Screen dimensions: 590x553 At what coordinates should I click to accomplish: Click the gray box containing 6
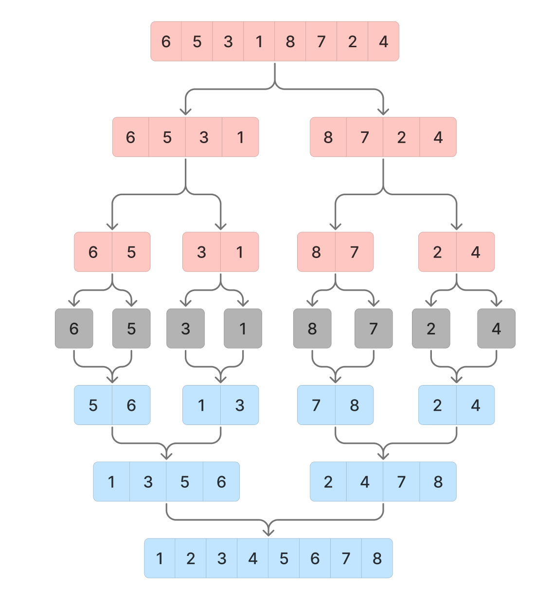[74, 329]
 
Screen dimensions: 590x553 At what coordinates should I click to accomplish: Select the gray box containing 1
[243, 329]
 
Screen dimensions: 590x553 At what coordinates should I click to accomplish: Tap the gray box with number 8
[312, 329]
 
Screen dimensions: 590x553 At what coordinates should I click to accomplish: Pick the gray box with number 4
[496, 329]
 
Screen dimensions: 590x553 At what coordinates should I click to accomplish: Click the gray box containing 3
[185, 329]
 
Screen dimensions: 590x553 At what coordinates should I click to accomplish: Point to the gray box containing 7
[374, 329]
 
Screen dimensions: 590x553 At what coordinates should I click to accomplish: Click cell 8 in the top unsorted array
[290, 41]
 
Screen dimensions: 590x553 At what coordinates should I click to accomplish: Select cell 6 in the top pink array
[166, 41]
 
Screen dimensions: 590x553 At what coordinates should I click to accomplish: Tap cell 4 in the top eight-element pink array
[384, 41]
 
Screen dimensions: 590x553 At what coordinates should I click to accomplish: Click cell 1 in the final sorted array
[160, 558]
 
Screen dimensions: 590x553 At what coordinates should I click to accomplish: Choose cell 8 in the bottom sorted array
[377, 558]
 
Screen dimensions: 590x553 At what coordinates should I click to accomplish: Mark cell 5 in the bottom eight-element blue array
[284, 558]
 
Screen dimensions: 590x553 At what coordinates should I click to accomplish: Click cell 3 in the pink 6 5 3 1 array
[204, 137]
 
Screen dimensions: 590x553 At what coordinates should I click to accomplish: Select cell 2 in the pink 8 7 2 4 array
[401, 137]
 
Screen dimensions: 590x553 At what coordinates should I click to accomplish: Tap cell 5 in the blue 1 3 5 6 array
[185, 482]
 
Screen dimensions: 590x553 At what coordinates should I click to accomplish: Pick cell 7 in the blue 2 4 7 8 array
[401, 482]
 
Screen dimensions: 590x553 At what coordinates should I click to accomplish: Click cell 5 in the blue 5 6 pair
[93, 405]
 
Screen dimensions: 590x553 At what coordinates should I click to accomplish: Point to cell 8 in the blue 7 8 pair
[355, 405]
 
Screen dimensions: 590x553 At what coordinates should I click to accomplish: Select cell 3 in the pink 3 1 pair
[201, 252]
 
